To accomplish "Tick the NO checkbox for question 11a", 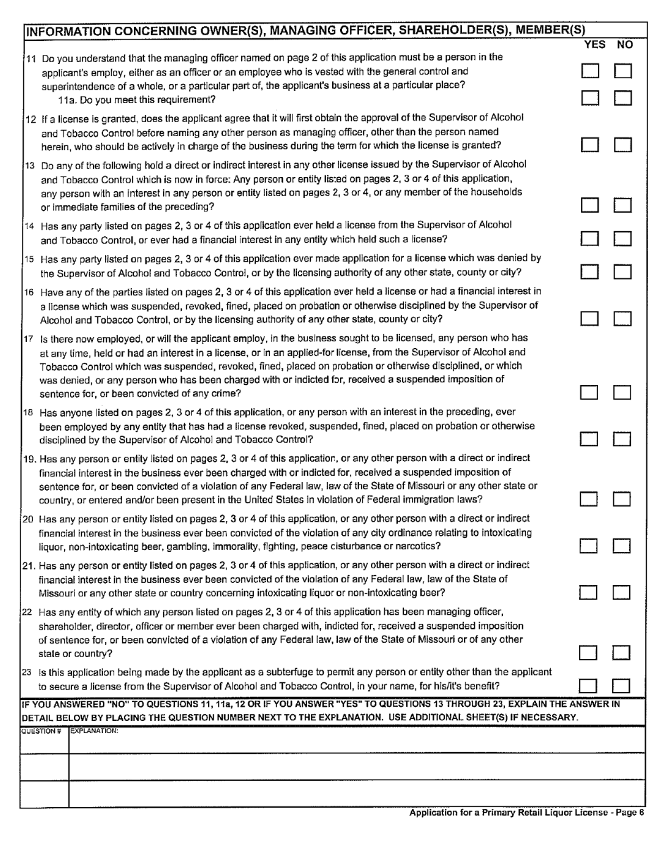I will click(622, 98).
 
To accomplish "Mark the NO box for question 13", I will click(622, 205).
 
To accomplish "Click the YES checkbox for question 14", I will click(590, 239).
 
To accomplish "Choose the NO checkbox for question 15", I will click(622, 272).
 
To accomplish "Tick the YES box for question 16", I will click(590, 319).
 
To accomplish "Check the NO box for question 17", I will click(622, 393).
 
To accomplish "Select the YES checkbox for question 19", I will click(590, 499).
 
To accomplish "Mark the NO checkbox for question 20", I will click(622, 546).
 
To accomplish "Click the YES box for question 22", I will click(590, 653).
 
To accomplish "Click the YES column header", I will click(595, 45).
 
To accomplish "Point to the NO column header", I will click(624, 45).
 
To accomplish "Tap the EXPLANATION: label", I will click(95, 731).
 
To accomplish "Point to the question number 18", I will click(29, 412).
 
